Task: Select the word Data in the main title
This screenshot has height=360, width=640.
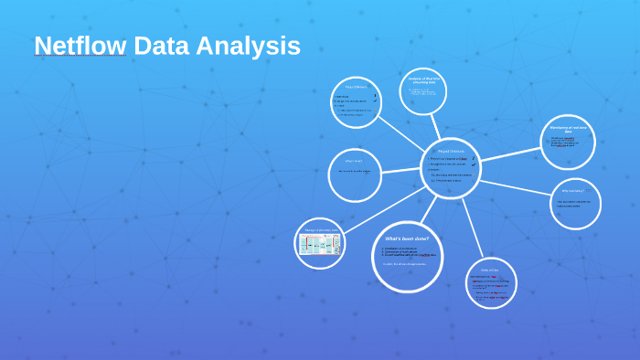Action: tap(163, 46)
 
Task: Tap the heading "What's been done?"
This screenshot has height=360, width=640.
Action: tap(407, 238)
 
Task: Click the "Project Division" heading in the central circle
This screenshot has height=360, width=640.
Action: tap(451, 151)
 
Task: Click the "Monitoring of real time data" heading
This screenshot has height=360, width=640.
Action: tap(568, 130)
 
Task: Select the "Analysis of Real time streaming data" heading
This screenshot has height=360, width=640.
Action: tap(426, 80)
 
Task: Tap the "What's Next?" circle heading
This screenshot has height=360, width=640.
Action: tap(354, 161)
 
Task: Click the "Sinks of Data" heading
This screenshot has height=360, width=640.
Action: tap(490, 270)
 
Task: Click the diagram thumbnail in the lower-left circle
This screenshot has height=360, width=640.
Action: tap(320, 244)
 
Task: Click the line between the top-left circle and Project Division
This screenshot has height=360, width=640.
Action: tap(402, 132)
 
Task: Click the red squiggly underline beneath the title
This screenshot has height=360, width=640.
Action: tap(80, 57)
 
